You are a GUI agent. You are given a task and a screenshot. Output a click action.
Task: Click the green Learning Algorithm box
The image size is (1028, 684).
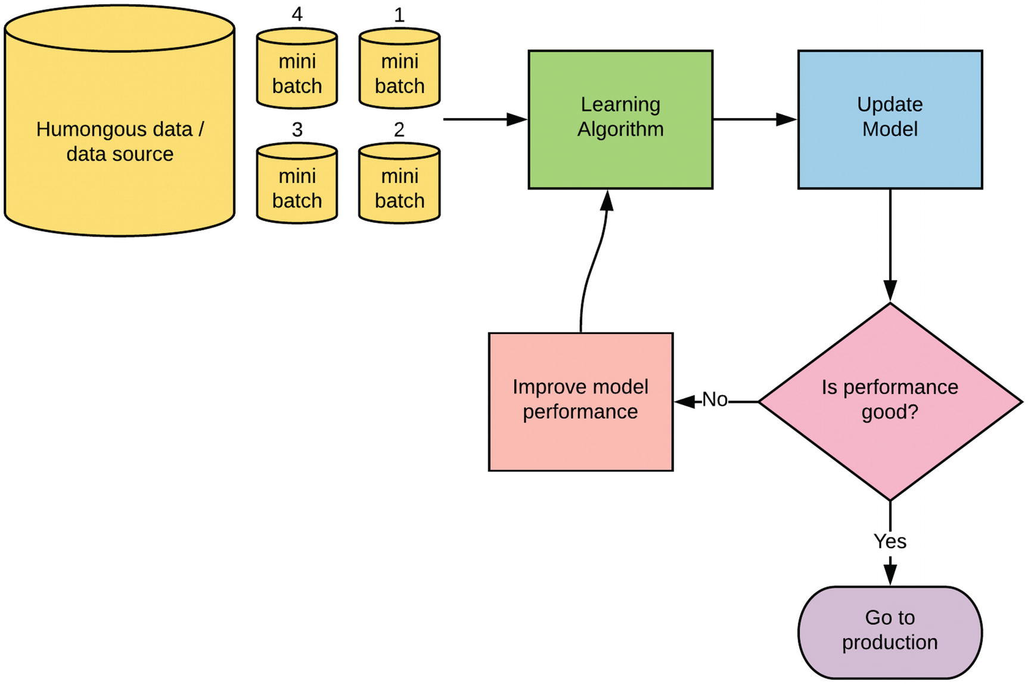620,120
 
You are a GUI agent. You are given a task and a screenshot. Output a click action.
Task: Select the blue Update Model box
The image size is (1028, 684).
890,120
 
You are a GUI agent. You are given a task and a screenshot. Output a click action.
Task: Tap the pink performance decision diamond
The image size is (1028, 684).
890,402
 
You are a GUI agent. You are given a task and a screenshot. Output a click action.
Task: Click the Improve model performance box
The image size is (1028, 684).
580,402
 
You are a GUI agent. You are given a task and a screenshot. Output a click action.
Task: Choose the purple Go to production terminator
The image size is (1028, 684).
890,632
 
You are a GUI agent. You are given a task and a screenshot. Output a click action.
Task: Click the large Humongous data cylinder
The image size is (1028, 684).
119,121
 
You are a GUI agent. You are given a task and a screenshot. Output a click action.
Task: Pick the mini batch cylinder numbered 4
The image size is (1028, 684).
297,69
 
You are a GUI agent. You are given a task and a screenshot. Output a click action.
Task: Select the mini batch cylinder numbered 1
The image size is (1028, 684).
399,69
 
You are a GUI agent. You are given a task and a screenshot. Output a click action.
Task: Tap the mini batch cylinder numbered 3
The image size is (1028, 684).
297,183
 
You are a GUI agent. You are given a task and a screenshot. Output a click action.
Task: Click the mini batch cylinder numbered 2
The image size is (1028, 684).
399,183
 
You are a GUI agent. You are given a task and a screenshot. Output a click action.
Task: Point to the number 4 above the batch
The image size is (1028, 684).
297,14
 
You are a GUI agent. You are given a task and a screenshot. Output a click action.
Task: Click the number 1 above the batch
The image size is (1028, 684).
399,14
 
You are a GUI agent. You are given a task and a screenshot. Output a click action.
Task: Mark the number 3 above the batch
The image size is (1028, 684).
297,129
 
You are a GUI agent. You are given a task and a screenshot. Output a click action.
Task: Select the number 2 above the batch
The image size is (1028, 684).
399,129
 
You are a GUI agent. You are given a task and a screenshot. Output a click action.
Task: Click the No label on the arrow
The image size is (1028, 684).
715,399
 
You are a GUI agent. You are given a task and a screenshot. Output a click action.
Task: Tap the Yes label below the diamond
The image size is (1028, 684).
890,541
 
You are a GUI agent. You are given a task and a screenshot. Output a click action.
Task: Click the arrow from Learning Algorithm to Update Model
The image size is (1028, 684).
755,119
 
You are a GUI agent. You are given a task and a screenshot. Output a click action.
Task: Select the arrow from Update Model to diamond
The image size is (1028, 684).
890,245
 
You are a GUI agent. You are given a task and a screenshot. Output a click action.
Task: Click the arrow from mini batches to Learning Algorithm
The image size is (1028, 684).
486,119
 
